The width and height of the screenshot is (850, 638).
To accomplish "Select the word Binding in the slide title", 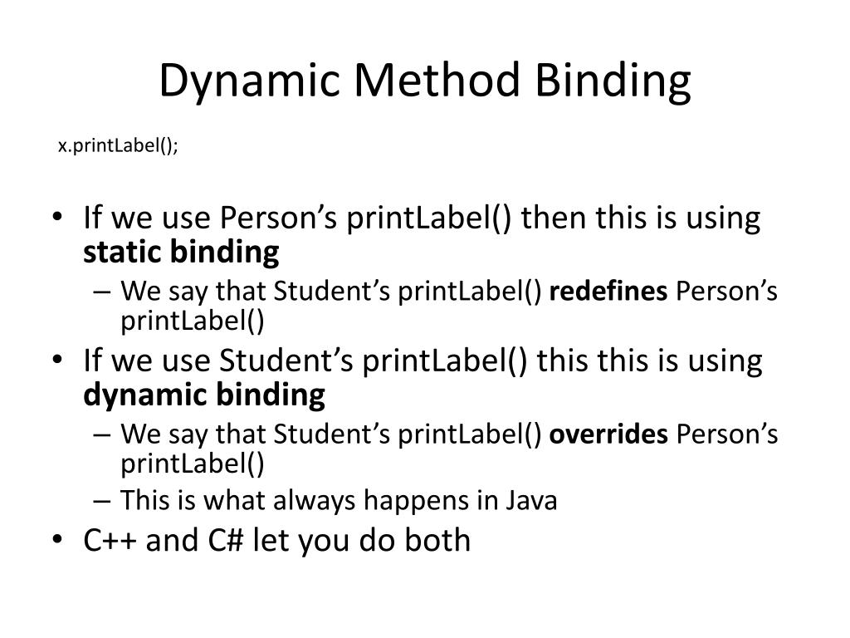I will (x=613, y=81).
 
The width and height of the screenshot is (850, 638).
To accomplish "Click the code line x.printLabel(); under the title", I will (x=118, y=145).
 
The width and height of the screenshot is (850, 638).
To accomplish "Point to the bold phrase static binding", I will (x=181, y=252).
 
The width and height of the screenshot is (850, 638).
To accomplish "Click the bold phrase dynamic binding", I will (x=204, y=395).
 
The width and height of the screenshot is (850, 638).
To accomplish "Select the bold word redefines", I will (x=608, y=292).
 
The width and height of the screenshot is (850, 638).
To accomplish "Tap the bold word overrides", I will (x=609, y=434).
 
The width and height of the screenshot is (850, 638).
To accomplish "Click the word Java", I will (x=530, y=501).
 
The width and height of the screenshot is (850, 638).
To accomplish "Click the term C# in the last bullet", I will (x=227, y=541).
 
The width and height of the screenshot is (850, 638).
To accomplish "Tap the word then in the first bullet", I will (x=550, y=218).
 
